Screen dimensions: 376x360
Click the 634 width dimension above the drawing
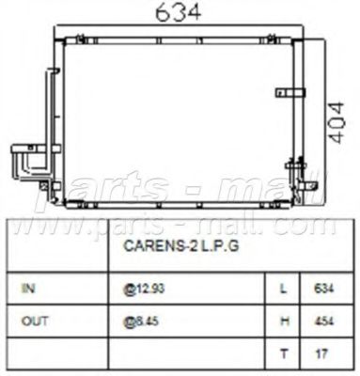178,12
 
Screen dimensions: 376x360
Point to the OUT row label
33,321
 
